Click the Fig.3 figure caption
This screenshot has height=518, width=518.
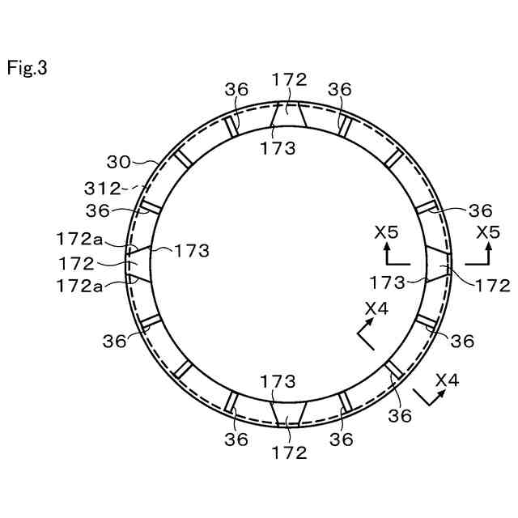tap(27, 68)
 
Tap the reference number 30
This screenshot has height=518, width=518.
tap(119, 162)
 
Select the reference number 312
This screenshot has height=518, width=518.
tap(103, 189)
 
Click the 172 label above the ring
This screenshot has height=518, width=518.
tap(290, 79)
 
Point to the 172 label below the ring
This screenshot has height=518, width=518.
tap(290, 452)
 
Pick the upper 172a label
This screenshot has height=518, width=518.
tap(79, 239)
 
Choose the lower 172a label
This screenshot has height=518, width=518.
tap(79, 286)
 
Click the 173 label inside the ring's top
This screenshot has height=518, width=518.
tap(278, 148)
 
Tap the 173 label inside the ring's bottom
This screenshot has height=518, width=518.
tap(278, 381)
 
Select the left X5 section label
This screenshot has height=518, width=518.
tap(387, 232)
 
